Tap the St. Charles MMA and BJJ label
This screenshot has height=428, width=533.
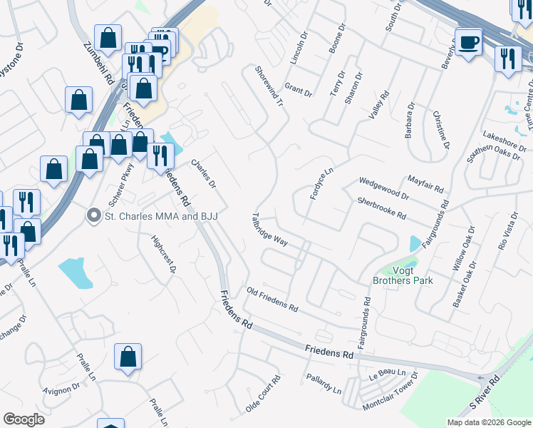[160, 215]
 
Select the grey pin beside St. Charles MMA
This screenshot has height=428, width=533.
[93, 215]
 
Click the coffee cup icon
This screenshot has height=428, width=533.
[468, 42]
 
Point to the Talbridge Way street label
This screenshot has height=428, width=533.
[270, 230]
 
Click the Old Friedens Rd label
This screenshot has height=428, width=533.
[272, 300]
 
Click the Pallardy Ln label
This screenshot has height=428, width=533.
[324, 383]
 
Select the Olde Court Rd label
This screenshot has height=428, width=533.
[264, 394]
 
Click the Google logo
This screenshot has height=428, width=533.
[24, 419]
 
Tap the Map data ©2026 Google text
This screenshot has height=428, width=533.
[488, 422]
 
